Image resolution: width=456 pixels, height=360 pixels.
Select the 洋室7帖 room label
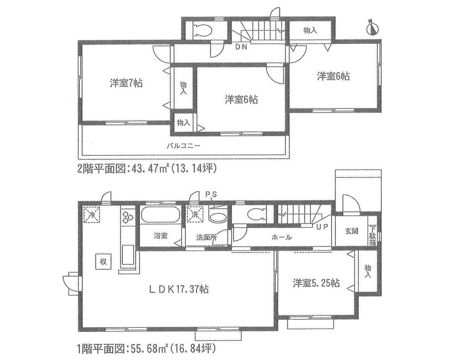tap(126, 83)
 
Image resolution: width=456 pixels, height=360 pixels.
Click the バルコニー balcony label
tap(183, 146)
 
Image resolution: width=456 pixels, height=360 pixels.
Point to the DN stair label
tap(241, 47)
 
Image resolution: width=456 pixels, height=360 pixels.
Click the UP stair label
tap(322, 227)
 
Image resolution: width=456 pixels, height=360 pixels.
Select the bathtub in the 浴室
tap(160, 215)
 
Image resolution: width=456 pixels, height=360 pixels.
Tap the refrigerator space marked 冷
tap(92, 215)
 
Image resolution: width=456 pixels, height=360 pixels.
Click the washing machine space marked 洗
tap(195, 215)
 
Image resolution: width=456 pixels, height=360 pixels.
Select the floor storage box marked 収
tap(103, 262)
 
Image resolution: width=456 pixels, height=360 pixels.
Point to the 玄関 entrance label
tap(352, 231)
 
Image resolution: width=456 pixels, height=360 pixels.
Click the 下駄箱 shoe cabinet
tap(373, 236)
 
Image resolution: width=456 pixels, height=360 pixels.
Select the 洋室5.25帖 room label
tap(316, 283)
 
